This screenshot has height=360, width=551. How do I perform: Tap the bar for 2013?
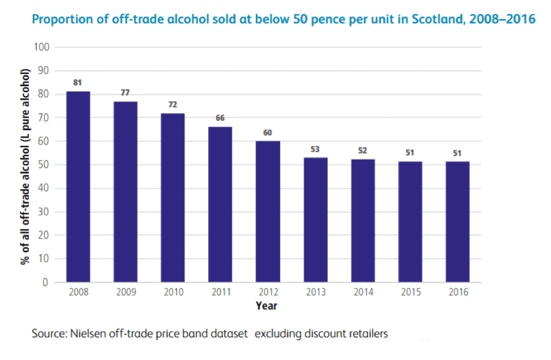(315, 219)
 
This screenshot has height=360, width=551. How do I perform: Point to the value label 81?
(77, 83)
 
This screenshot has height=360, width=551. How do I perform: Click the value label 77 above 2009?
(125, 93)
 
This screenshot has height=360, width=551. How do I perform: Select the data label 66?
(220, 118)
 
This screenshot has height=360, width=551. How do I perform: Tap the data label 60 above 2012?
(267, 133)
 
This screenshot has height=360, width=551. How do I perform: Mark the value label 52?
(362, 151)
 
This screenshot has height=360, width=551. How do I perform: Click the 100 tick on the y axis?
(42, 47)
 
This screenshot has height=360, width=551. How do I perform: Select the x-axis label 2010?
(172, 293)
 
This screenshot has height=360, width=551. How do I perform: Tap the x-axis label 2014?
(362, 293)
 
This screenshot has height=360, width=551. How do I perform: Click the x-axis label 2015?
(410, 293)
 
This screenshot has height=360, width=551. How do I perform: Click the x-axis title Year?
(267, 305)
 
